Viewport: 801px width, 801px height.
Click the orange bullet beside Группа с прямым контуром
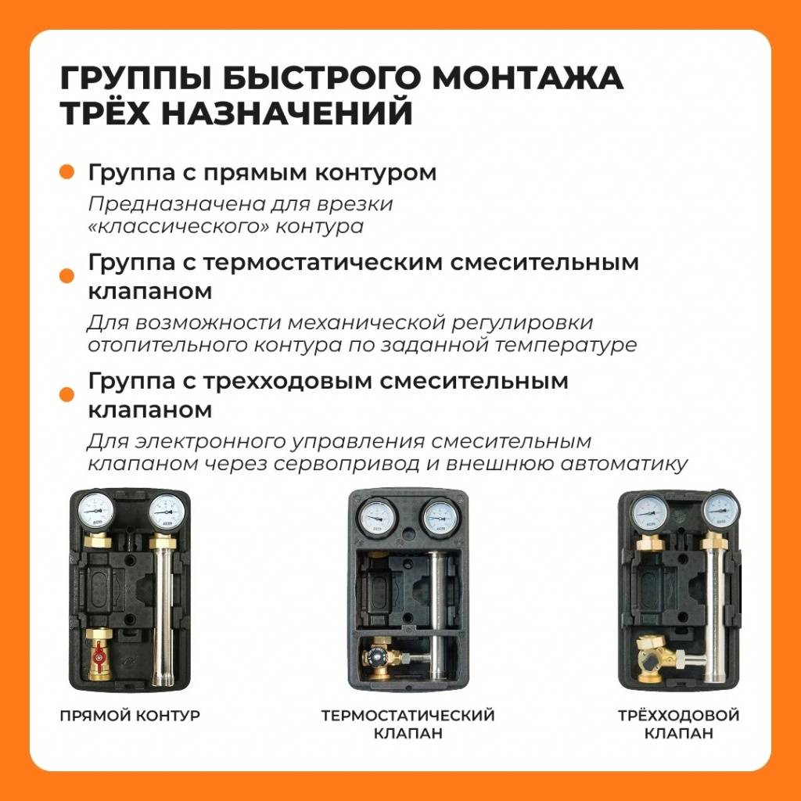[67, 172]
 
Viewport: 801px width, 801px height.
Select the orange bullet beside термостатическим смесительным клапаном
[67, 275]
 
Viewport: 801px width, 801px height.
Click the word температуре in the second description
[582, 345]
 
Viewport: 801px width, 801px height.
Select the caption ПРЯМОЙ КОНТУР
[130, 715]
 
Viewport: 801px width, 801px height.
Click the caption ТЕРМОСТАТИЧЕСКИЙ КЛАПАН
[408, 724]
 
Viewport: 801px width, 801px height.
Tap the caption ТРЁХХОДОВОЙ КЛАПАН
[678, 724]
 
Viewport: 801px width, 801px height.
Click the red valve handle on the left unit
[99, 663]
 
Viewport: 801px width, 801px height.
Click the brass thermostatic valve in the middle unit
[381, 657]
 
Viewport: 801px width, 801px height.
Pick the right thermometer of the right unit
[720, 511]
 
